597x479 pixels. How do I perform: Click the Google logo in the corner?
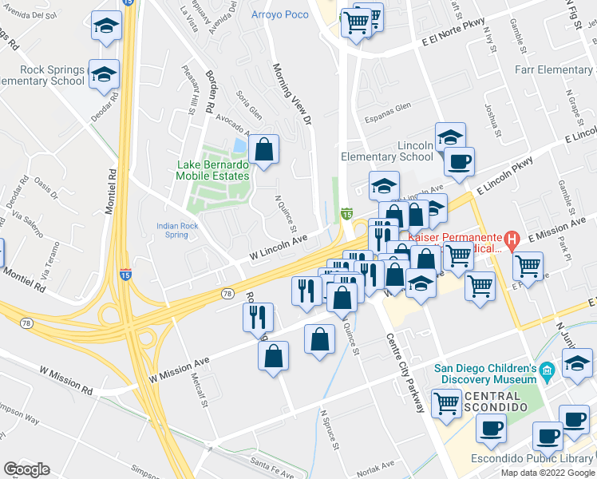(26, 469)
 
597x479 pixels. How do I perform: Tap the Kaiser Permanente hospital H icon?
(513, 239)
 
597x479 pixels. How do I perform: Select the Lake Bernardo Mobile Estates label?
(212, 171)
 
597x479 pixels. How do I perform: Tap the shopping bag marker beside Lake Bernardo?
(263, 148)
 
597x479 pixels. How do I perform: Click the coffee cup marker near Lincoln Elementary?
(459, 161)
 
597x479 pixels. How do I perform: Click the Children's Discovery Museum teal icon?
(547, 370)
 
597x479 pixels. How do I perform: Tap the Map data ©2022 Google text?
(547, 473)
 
